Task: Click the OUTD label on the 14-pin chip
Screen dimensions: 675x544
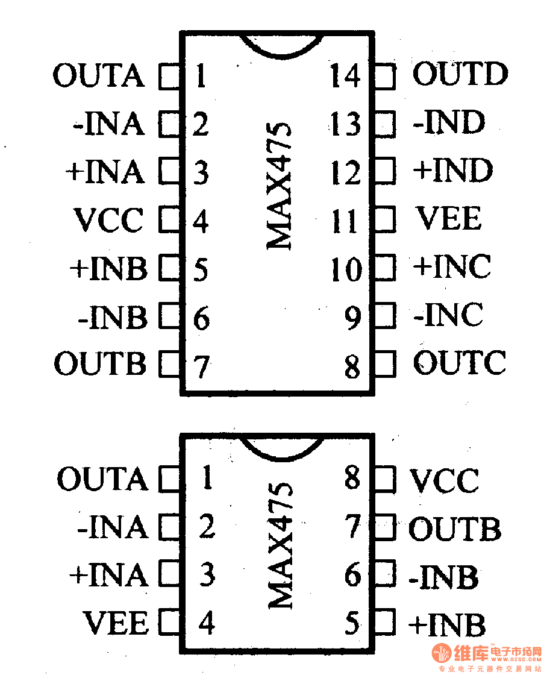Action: click(x=460, y=75)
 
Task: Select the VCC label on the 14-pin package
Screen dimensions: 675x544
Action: click(x=108, y=221)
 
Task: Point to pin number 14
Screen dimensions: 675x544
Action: click(x=345, y=77)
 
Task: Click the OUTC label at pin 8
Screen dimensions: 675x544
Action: click(x=459, y=363)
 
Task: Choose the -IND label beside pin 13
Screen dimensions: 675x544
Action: click(x=449, y=124)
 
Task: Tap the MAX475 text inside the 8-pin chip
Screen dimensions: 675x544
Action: click(x=279, y=545)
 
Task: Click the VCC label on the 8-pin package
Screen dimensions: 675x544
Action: click(x=444, y=481)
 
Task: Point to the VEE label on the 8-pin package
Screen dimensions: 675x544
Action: click(x=116, y=623)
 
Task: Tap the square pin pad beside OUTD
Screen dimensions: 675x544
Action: click(x=385, y=77)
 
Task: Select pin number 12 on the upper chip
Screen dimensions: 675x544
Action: click(x=345, y=173)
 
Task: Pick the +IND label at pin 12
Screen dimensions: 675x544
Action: click(x=453, y=171)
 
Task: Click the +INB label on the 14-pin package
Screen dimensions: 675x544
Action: click(x=108, y=269)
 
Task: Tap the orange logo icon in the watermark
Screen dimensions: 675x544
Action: click(x=442, y=653)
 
